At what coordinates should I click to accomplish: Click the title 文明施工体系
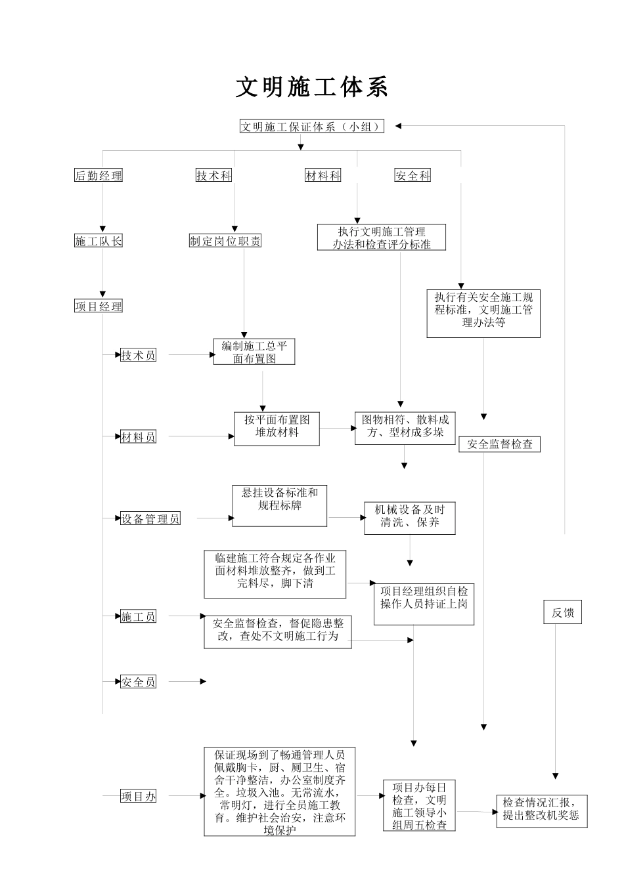click(312, 88)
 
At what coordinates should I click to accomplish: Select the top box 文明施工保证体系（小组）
click(312, 127)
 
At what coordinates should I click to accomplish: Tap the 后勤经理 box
click(99, 176)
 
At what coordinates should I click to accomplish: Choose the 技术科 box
click(214, 176)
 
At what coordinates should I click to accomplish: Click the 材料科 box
click(323, 176)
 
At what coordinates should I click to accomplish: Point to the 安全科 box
click(412, 176)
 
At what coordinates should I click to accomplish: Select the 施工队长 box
click(99, 241)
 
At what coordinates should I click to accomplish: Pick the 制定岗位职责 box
click(225, 241)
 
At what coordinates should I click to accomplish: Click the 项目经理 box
click(99, 306)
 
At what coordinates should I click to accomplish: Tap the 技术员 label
click(138, 356)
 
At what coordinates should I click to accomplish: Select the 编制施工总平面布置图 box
click(254, 352)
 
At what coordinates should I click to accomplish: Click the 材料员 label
click(138, 437)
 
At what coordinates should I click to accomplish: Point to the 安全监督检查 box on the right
click(500, 444)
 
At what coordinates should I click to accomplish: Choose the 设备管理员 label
click(150, 519)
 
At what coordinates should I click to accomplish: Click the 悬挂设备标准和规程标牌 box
click(280, 505)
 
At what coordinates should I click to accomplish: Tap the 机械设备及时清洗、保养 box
click(410, 517)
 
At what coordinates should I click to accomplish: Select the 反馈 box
click(563, 613)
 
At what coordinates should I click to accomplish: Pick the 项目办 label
click(139, 797)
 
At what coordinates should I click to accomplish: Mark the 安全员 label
click(138, 682)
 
